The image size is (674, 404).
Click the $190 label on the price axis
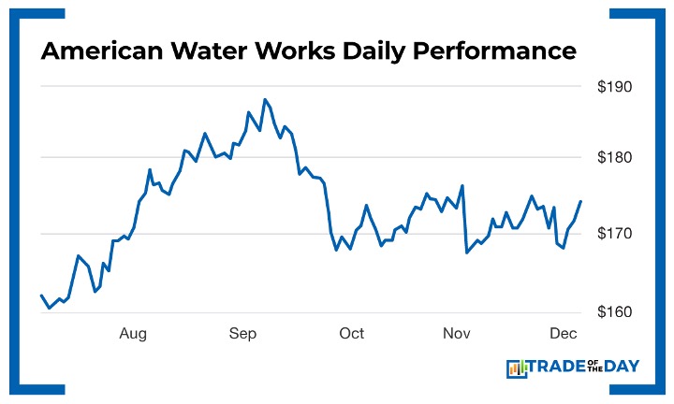tap(614, 87)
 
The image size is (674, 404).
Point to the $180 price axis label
tap(614, 158)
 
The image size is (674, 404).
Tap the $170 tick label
tap(614, 234)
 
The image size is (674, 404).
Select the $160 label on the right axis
tap(614, 311)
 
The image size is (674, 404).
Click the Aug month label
tap(133, 334)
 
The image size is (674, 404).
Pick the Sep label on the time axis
tap(242, 334)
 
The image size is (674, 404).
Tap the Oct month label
tap(351, 334)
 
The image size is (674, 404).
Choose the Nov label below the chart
tap(456, 334)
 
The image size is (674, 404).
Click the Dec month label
tap(563, 334)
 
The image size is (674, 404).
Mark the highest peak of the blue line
tap(265, 98)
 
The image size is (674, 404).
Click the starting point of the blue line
tap(41, 296)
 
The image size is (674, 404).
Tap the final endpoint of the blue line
tap(580, 201)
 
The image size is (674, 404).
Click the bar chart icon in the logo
tap(517, 368)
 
